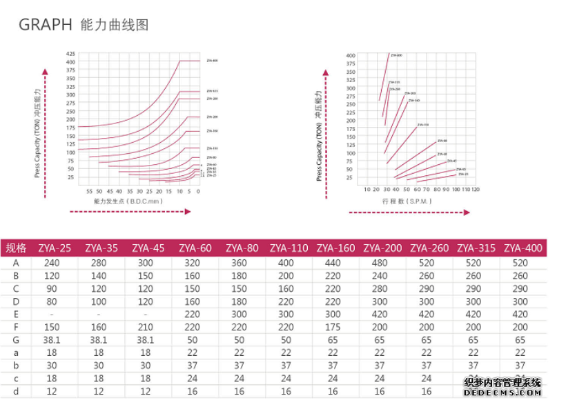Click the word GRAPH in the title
click(x=45, y=26)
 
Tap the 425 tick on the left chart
click(x=70, y=54)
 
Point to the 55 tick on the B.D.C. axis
click(x=89, y=190)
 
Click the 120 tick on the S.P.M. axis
click(x=475, y=189)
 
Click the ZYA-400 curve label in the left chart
click(x=212, y=61)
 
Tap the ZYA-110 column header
click(x=289, y=248)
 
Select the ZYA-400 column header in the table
click(x=523, y=248)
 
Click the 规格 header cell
click(x=16, y=248)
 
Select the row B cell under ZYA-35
click(x=99, y=275)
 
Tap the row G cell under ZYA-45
click(x=146, y=340)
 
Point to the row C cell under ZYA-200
click(x=380, y=288)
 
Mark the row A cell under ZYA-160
click(x=333, y=263)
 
